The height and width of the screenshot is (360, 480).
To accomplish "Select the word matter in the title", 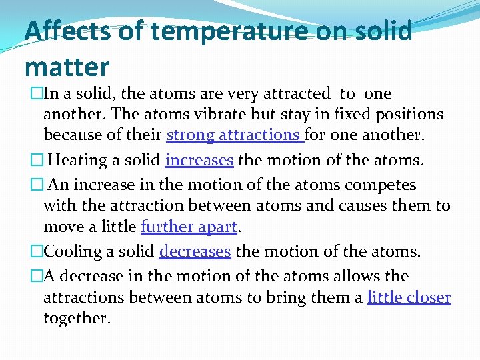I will (x=67, y=67).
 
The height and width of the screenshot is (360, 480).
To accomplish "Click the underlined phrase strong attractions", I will (x=235, y=135).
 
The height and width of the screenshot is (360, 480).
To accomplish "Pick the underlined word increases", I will (x=199, y=160).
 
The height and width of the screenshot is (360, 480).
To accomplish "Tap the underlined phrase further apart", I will (x=189, y=227).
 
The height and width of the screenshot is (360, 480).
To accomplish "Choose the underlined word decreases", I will (x=195, y=251).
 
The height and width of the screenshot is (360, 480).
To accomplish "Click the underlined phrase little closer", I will (x=409, y=297).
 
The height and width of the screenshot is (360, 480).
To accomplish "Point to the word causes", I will (x=360, y=206).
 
